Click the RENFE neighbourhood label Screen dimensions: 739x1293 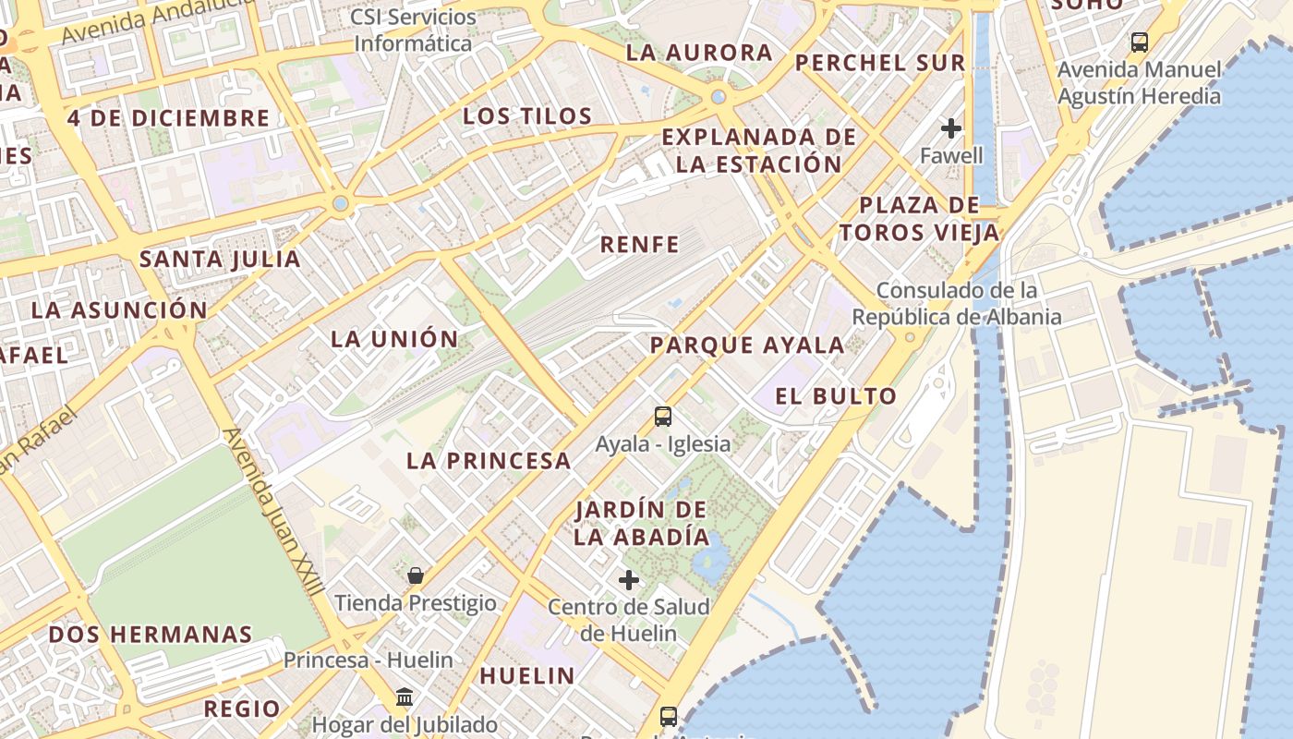[x=639, y=245]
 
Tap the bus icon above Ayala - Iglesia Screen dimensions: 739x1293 [x=663, y=417]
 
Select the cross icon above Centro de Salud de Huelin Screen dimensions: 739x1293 [x=629, y=580]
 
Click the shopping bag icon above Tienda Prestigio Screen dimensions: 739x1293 [x=416, y=576]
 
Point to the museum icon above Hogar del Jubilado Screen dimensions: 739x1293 [x=405, y=697]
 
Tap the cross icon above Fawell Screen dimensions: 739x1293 [x=951, y=128]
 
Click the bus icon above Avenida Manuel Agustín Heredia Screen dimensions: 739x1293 [x=1140, y=42]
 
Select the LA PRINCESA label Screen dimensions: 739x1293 [x=489, y=461]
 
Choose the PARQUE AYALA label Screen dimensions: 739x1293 [x=747, y=346]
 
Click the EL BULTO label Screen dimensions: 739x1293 [x=836, y=397]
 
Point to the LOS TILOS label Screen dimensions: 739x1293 [x=527, y=116]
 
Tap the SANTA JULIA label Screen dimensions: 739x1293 [x=220, y=260]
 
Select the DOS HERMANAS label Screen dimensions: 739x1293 [x=151, y=635]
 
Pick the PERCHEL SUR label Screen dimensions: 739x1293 [x=880, y=64]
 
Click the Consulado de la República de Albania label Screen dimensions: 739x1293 [x=956, y=304]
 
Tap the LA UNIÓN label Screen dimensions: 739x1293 [x=394, y=339]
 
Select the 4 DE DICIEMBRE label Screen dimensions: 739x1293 [x=168, y=118]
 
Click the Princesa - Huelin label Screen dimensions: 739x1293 [x=368, y=660]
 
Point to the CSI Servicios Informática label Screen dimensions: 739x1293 [x=413, y=30]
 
